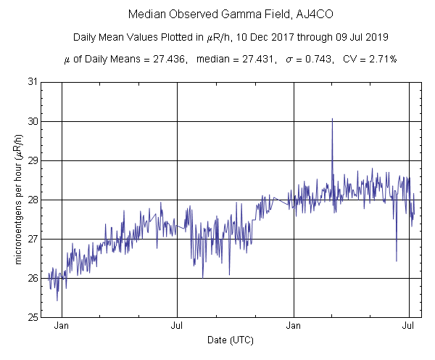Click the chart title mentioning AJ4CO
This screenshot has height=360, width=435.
pyautogui.click(x=217, y=15)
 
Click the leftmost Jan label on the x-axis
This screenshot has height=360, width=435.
pyautogui.click(x=62, y=326)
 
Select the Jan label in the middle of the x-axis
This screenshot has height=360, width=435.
pyautogui.click(x=294, y=326)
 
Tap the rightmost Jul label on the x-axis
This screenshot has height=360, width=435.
pyautogui.click(x=409, y=326)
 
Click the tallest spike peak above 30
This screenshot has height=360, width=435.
pyautogui.click(x=332, y=119)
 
